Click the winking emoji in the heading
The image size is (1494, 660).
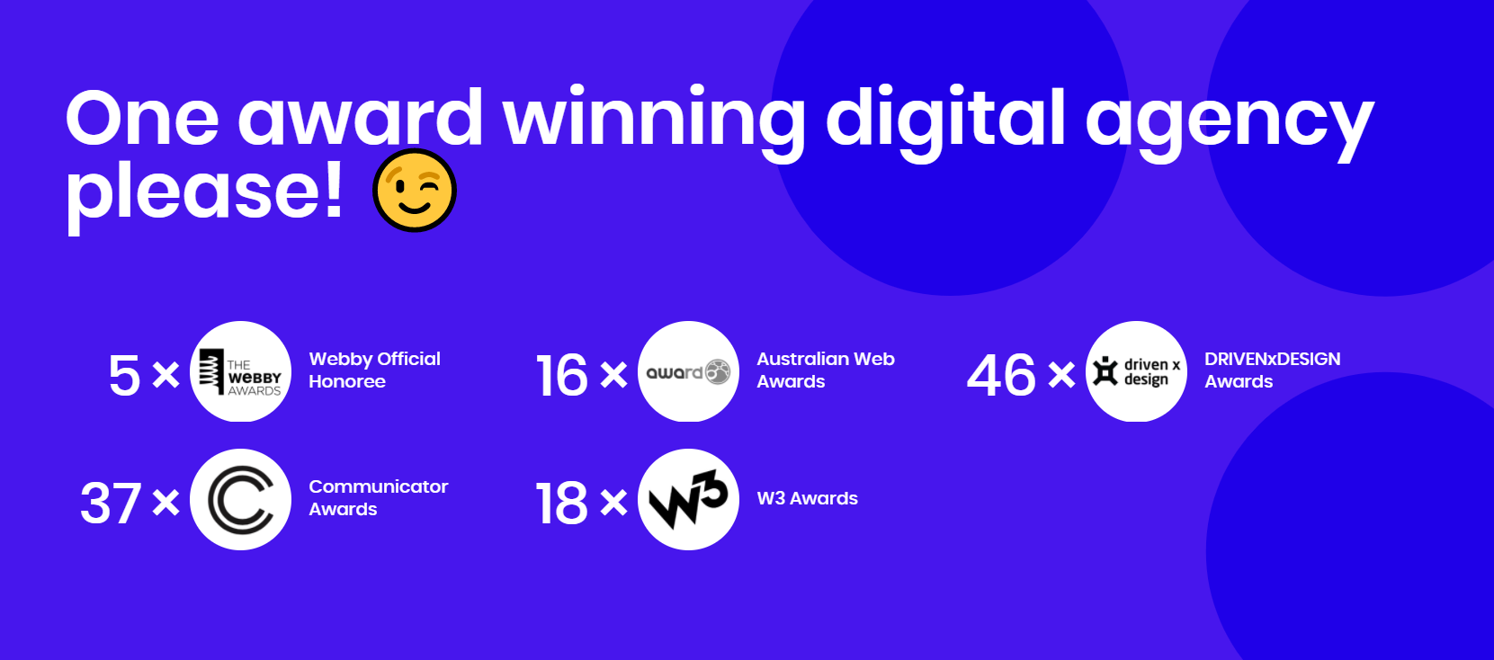(x=415, y=191)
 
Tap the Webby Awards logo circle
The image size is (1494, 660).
(x=241, y=371)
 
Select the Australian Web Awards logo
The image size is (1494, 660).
(x=688, y=371)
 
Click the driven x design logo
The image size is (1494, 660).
(x=1136, y=371)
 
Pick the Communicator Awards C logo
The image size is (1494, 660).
(x=241, y=499)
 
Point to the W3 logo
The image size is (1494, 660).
(x=688, y=499)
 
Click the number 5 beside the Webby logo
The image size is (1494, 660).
(x=124, y=375)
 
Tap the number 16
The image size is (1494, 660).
(x=562, y=375)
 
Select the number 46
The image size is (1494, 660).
(x=1001, y=375)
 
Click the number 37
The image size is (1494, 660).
(x=111, y=503)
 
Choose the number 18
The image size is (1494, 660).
(x=562, y=503)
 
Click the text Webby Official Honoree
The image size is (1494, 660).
(x=374, y=370)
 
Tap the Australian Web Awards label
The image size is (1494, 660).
(x=825, y=370)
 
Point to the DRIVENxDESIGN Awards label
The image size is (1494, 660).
(x=1272, y=370)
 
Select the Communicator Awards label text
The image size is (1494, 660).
(x=378, y=497)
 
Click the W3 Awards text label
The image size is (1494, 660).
(x=807, y=498)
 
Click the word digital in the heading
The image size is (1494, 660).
(x=945, y=119)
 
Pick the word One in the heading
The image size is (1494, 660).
(x=142, y=119)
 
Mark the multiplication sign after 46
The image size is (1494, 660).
(x=1061, y=374)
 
